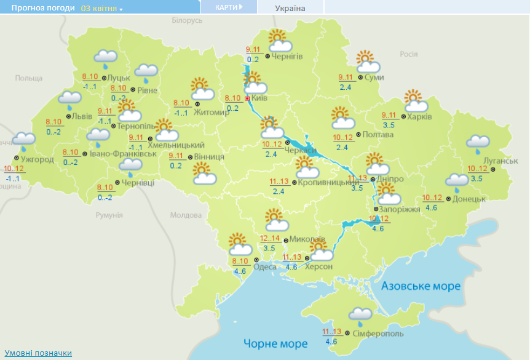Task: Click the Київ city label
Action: point(259,98)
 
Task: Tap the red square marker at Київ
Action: point(247,98)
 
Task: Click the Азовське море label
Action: point(421,287)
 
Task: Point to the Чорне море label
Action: point(275,343)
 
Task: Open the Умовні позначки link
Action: point(39,353)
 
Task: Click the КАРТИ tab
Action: point(227,7)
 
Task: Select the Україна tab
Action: point(290,8)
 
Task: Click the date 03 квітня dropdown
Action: point(101,9)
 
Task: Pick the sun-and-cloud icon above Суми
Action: point(368,62)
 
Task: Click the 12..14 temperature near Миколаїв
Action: point(269,239)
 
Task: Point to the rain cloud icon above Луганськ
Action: point(478,143)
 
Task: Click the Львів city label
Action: point(82,116)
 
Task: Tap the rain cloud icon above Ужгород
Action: point(24,141)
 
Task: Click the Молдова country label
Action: point(186,216)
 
